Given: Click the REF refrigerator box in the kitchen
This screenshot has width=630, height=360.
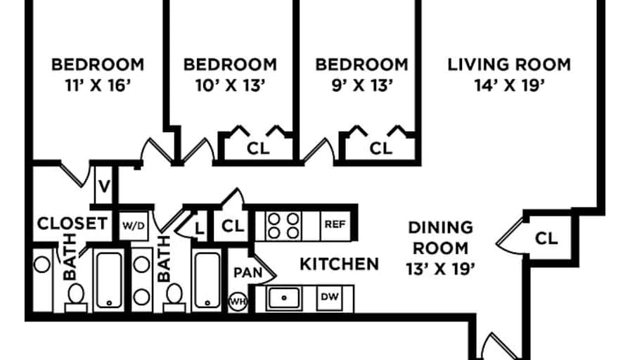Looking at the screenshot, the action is pyautogui.click(x=335, y=225).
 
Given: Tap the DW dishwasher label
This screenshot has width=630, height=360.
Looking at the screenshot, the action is pyautogui.click(x=330, y=297).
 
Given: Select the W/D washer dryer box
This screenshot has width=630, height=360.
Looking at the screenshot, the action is pyautogui.click(x=134, y=226).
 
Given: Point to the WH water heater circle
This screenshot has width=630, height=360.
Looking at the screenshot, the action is pyautogui.click(x=238, y=302).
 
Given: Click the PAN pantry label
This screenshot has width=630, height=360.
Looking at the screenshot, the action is pyautogui.click(x=248, y=272).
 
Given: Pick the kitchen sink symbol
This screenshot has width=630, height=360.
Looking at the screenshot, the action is pyautogui.click(x=284, y=298).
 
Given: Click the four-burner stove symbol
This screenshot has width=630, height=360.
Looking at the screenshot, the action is pyautogui.click(x=283, y=226).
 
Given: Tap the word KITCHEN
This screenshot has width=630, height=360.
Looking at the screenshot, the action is pyautogui.click(x=340, y=264).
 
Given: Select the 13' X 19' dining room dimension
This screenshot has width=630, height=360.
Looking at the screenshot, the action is pyautogui.click(x=441, y=269).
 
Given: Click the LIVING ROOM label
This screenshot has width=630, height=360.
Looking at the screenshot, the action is pyautogui.click(x=509, y=64).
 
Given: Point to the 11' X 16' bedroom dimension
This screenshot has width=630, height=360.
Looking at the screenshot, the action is pyautogui.click(x=98, y=85).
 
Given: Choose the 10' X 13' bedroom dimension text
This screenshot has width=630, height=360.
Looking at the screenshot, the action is pyautogui.click(x=230, y=85).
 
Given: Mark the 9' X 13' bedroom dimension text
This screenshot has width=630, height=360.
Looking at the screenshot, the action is pyautogui.click(x=362, y=85).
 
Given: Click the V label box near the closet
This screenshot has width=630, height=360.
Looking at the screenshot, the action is pyautogui.click(x=104, y=186).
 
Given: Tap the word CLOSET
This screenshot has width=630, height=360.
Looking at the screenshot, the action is pyautogui.click(x=72, y=223).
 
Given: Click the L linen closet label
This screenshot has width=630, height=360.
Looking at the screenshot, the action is pyautogui.click(x=199, y=229).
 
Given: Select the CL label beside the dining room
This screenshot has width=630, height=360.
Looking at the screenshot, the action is pyautogui.click(x=546, y=238).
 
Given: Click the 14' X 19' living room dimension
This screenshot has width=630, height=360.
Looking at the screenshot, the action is pyautogui.click(x=510, y=85).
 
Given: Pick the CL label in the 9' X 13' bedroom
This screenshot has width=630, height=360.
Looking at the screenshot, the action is pyautogui.click(x=381, y=148).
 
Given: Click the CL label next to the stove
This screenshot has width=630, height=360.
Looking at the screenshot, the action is pyautogui.click(x=233, y=226).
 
